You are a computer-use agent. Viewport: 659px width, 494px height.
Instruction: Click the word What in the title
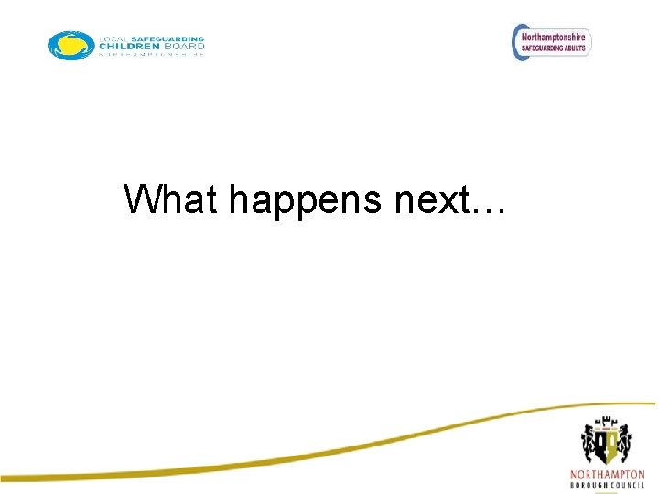(x=172, y=199)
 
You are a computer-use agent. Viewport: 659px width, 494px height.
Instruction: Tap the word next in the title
(x=429, y=199)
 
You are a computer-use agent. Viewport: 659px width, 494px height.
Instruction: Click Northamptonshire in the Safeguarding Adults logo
(x=555, y=37)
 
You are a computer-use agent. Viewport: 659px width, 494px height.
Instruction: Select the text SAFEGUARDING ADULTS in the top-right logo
(x=555, y=48)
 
